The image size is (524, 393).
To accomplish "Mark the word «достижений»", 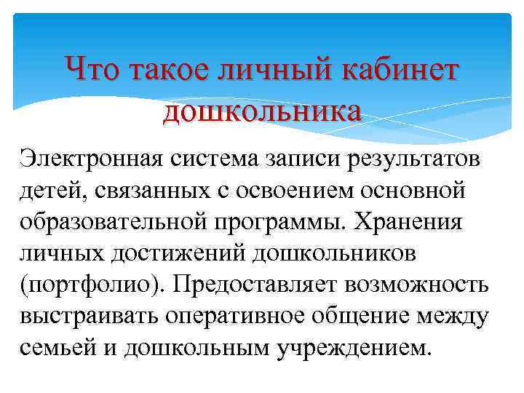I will point(175,254).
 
